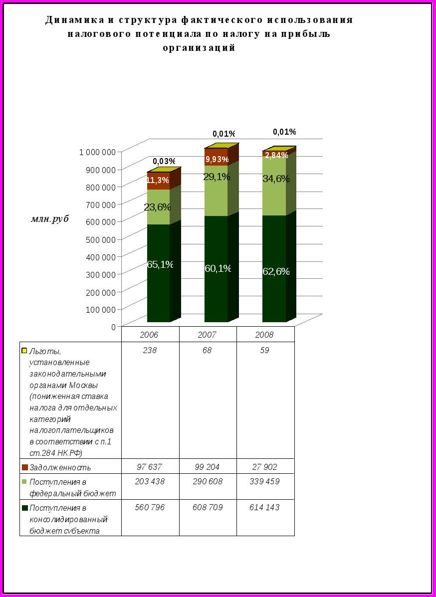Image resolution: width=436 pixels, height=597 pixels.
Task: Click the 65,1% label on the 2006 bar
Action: tap(160, 264)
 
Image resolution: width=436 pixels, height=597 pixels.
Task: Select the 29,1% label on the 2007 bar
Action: tap(217, 177)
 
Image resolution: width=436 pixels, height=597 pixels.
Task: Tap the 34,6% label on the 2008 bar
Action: tap(276, 179)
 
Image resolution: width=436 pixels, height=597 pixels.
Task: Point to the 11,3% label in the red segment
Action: tap(158, 181)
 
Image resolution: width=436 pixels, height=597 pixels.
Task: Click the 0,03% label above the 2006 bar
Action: tap(164, 161)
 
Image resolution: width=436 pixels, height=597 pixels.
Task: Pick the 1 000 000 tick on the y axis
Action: tap(98, 152)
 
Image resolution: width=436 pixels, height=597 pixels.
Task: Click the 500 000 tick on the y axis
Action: tap(101, 239)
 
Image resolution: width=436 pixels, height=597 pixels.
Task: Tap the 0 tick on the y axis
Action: tap(114, 326)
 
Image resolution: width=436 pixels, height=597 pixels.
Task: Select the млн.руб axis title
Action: tap(50, 218)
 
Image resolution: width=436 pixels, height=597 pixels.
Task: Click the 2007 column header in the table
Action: tap(207, 335)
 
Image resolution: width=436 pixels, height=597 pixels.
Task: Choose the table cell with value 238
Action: tap(150, 351)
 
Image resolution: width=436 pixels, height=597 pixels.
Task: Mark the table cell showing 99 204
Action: tap(207, 467)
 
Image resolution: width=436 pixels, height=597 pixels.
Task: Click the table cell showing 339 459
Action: tap(264, 482)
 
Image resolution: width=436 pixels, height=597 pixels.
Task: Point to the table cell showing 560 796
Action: tap(150, 507)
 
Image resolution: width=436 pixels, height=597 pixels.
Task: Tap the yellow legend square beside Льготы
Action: tap(24, 351)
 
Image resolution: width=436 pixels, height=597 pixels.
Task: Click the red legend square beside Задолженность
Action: tap(24, 467)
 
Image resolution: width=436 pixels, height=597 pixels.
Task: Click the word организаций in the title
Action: tap(199, 48)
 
